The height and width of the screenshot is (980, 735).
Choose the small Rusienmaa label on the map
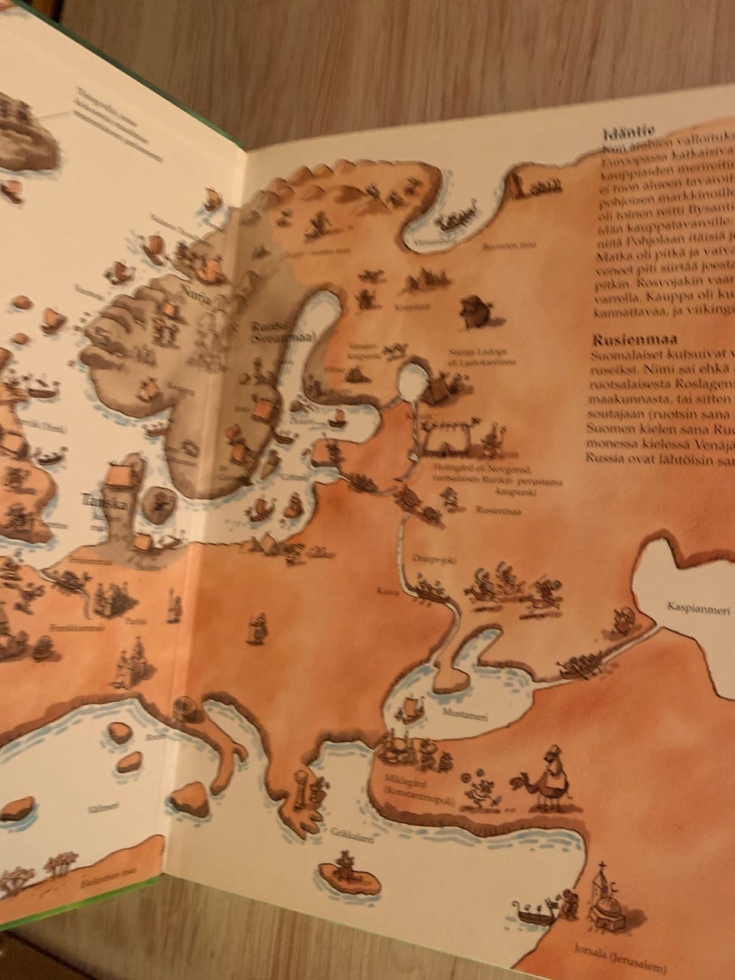(498, 510)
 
